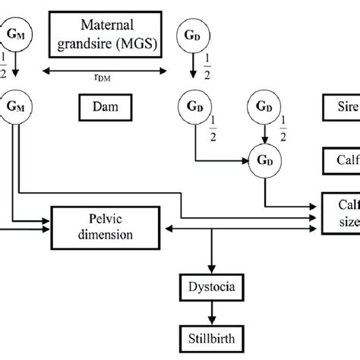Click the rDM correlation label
point(104,76)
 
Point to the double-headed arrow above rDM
point(104,69)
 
